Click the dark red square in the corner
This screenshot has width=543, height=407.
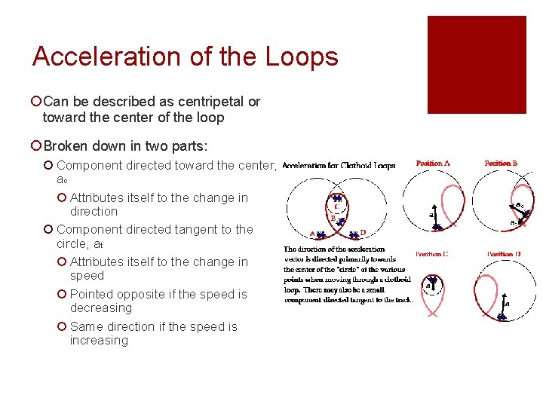tap(477, 65)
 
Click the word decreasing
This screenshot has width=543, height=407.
tap(101, 308)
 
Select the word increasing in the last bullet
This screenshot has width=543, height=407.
tap(99, 340)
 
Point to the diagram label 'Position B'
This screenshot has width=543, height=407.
tap(501, 163)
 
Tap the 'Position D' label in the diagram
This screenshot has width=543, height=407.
tap(503, 254)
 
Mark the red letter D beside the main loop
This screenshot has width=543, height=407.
tap(364, 232)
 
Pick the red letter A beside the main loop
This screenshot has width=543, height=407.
tap(312, 233)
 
